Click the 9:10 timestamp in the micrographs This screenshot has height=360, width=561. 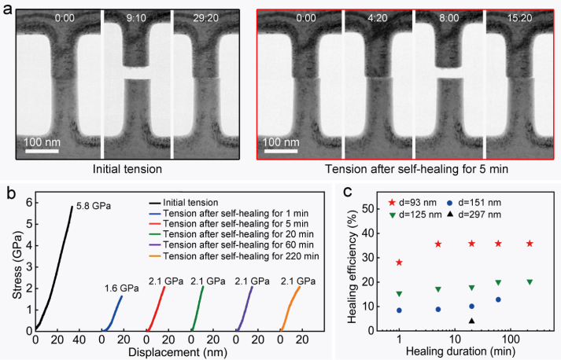pos(137,16)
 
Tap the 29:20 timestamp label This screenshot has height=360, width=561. pos(205,16)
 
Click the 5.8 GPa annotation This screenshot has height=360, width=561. pos(94,206)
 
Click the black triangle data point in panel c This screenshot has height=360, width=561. pos(471,321)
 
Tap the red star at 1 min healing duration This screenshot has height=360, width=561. pos(399,263)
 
